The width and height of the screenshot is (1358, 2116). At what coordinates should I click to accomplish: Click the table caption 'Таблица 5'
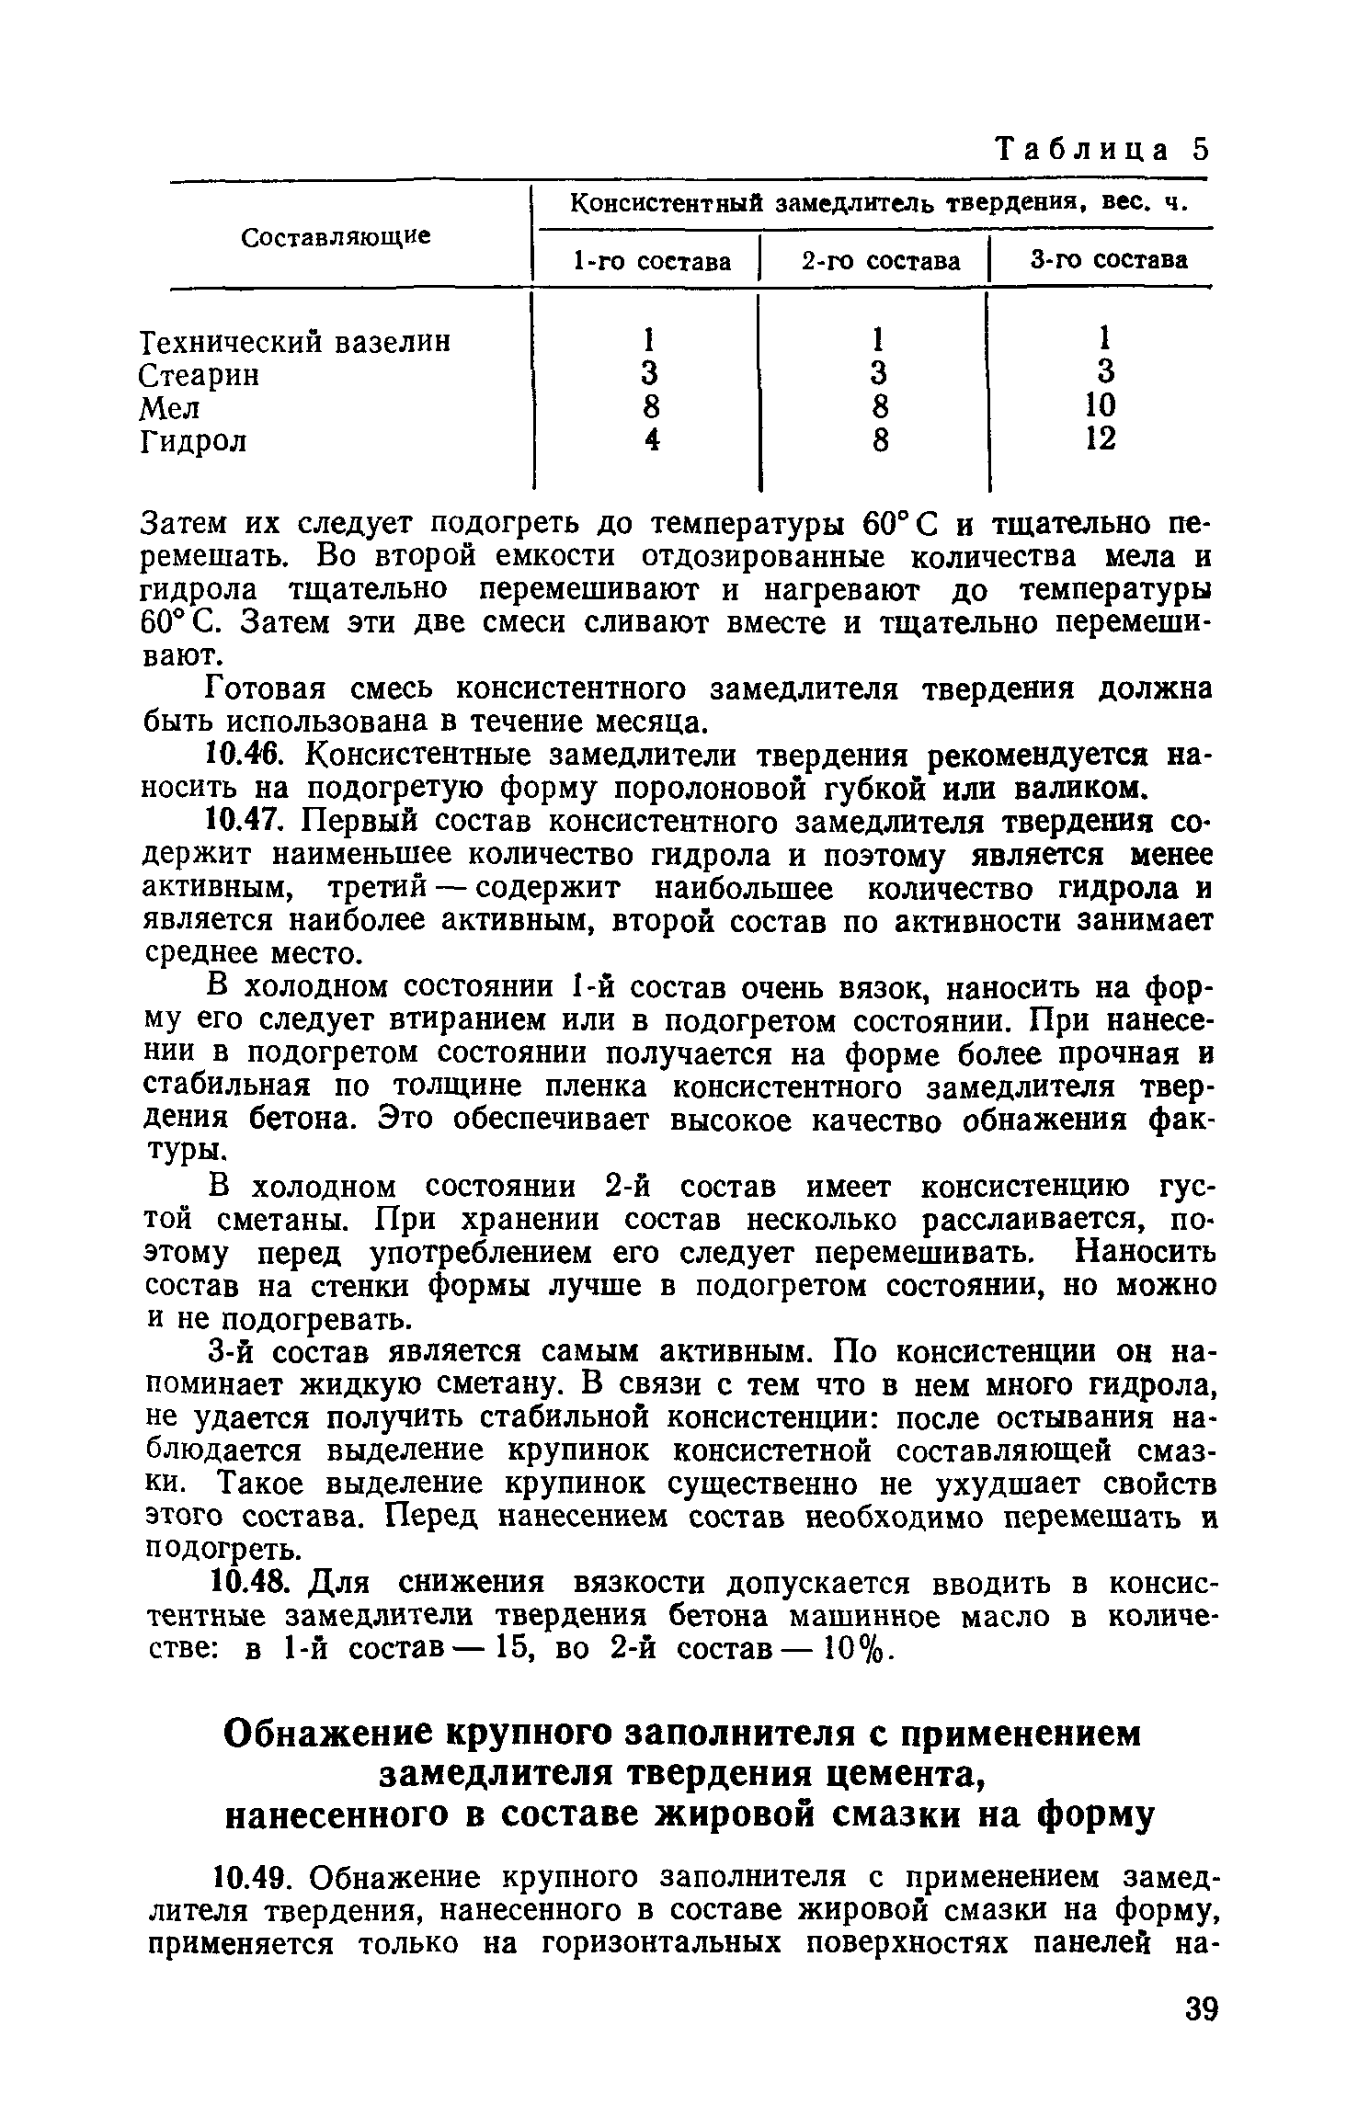(x=1102, y=150)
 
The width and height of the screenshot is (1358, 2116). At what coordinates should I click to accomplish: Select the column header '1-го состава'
(x=651, y=262)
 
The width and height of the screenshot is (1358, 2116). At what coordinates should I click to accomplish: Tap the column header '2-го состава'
(x=880, y=262)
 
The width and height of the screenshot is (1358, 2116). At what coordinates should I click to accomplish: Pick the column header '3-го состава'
(x=1108, y=260)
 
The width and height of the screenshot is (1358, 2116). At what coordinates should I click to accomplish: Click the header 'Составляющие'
(x=336, y=237)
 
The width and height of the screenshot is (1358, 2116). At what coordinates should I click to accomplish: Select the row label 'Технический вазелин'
(x=295, y=342)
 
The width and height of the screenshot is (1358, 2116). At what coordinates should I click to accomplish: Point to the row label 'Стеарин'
(x=200, y=375)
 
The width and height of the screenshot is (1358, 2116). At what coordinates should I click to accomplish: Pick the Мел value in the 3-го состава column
(x=1101, y=405)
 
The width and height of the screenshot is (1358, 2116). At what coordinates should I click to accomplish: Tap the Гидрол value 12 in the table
(x=1101, y=438)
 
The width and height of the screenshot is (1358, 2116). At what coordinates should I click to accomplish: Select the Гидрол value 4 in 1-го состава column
(x=651, y=440)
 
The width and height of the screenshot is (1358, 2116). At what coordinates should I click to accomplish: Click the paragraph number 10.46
(x=243, y=756)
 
